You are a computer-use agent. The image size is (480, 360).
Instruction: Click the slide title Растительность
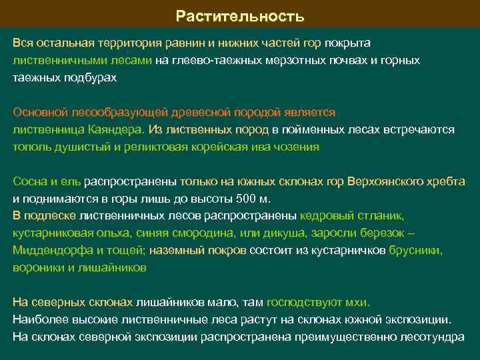(x=240, y=15)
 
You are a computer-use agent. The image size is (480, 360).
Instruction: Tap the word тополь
(x=29, y=147)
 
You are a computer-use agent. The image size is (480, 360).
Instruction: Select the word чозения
(x=298, y=147)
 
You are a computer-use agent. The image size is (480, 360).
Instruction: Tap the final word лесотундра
(x=431, y=337)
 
